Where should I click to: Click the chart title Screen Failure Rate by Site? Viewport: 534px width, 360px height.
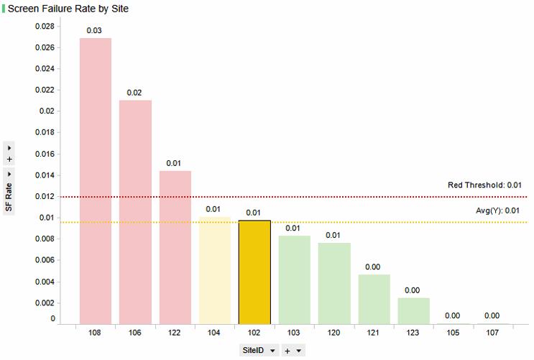68,9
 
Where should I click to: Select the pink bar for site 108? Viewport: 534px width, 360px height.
95,180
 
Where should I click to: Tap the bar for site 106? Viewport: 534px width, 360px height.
135,212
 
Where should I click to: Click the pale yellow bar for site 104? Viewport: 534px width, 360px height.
215,269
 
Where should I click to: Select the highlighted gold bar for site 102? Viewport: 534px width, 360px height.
254,272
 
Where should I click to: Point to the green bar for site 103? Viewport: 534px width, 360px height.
295,280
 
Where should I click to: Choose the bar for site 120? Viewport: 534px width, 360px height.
334,283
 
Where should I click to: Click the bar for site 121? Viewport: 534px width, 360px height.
374,299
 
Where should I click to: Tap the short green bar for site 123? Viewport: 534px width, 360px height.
414,310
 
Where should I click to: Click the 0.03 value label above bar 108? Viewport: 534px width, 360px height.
94,31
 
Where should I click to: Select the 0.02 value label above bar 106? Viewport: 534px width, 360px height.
134,93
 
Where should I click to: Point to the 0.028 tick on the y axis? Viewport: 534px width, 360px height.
45,27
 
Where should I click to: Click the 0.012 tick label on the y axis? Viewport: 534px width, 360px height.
45,196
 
